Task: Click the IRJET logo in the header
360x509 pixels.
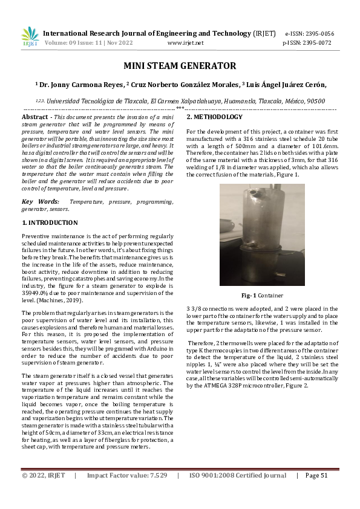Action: [30, 36]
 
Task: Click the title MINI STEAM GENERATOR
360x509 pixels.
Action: [180, 65]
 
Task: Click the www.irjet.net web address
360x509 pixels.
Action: [185, 43]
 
